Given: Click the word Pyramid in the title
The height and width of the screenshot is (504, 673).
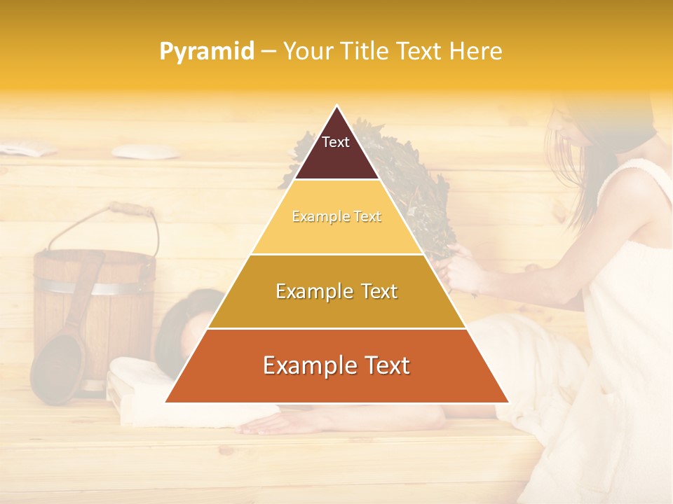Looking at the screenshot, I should pos(207,51).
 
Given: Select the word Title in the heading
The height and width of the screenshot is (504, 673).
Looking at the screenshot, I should pos(367,51).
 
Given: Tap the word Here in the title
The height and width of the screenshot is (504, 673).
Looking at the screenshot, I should pos(477,51).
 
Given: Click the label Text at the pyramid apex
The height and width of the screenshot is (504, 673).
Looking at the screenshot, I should pos(336,142).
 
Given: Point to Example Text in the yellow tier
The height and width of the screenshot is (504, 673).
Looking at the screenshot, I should pos(336,217).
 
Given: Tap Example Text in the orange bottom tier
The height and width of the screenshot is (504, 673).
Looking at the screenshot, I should pos(336,365).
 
